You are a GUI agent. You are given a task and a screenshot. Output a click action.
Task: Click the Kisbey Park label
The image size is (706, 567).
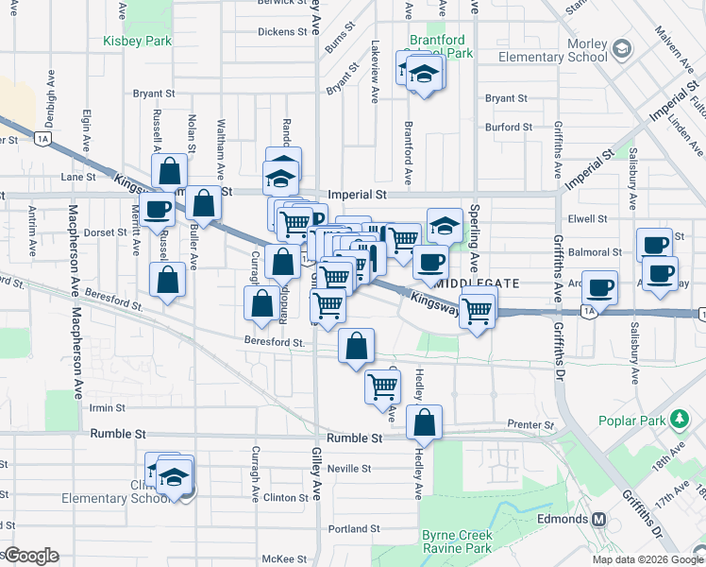138,41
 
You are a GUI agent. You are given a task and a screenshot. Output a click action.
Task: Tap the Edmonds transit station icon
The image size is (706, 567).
598,519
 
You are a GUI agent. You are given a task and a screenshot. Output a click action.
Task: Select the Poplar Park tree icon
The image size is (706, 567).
678,419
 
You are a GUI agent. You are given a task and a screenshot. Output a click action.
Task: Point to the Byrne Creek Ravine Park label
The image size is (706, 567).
457,541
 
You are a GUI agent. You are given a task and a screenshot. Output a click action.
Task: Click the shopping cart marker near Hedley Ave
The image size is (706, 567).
382,385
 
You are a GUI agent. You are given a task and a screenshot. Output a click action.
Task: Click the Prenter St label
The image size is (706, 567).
528,424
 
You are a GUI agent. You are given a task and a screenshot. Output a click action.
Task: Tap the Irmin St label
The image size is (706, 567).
107,408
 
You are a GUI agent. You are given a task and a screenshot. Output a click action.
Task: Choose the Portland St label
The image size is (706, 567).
355,529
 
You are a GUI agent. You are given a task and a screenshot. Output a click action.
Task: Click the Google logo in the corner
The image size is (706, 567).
31,556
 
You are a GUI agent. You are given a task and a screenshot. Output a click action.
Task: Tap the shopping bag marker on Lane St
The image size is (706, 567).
169,172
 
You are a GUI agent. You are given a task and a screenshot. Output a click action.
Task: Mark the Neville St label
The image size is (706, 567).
348,468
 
